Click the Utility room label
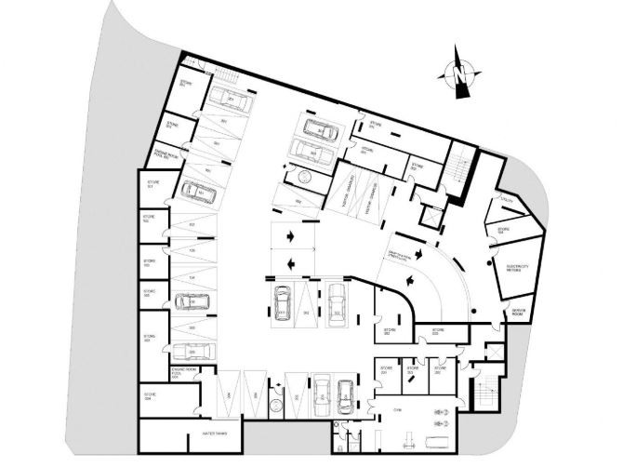pyautogui.click(x=506, y=198)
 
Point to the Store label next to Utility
pyautogui.click(x=503, y=229)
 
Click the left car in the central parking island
pyautogui.click(x=282, y=304)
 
